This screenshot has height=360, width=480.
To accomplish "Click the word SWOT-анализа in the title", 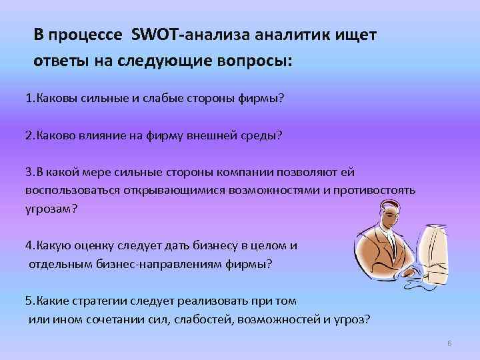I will [171, 34].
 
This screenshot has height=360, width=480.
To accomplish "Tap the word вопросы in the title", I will [251, 62].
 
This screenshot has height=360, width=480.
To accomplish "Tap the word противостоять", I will [376, 190].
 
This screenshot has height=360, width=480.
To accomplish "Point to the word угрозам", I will [51, 208].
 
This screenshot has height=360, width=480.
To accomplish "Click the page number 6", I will [449, 343].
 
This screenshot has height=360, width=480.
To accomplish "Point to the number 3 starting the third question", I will [28, 171].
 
